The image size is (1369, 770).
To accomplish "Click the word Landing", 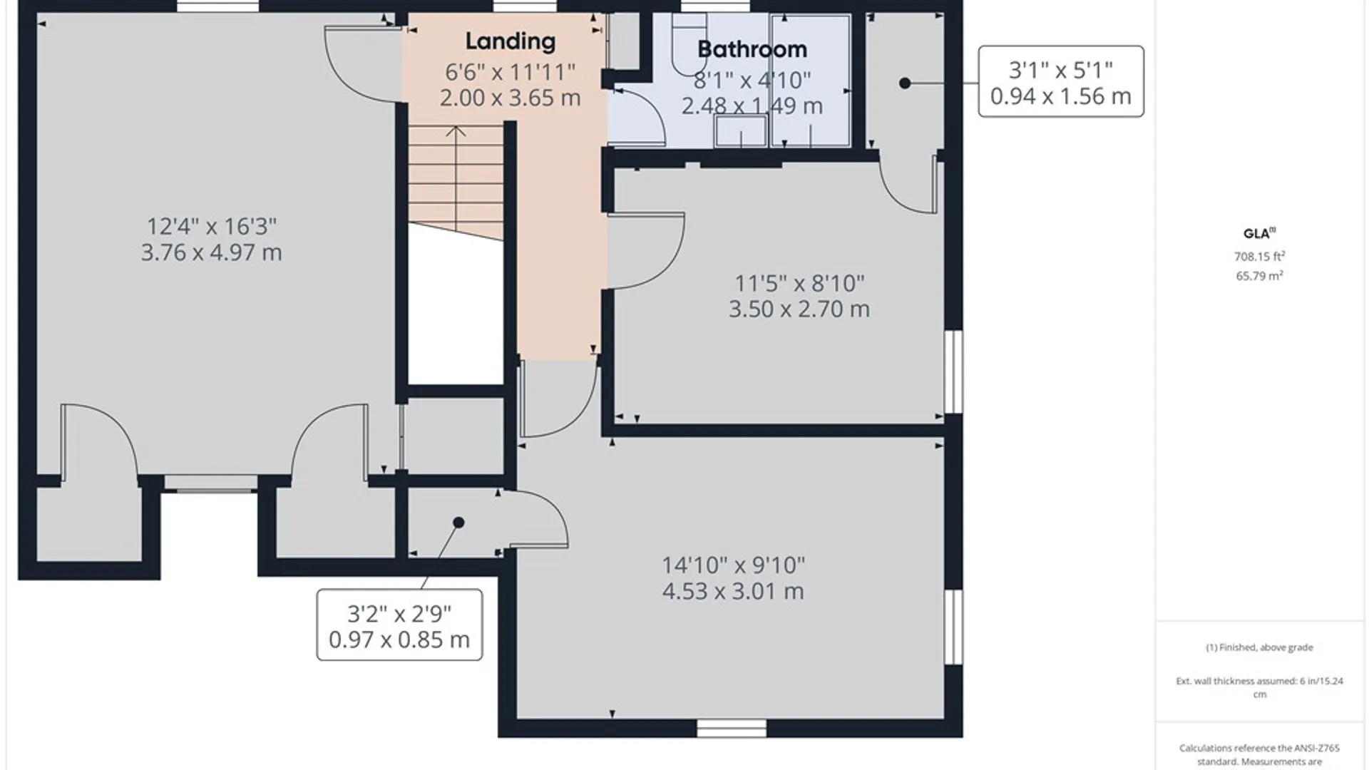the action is [x=510, y=42].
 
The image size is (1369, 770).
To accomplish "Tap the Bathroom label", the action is [x=752, y=49].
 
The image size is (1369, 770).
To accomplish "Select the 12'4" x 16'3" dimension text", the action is [x=212, y=226].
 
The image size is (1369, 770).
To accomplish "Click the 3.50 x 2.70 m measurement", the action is [x=799, y=309].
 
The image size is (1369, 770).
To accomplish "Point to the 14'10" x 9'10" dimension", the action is [x=734, y=565].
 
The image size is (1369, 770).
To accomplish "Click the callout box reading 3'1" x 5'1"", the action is [x=1061, y=81].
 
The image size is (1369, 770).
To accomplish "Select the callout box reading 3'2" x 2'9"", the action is [x=399, y=625].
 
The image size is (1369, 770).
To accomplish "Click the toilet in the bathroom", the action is [x=689, y=43].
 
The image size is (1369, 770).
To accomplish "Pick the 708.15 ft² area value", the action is [x=1259, y=256].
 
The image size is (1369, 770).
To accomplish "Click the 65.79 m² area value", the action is [x=1259, y=276].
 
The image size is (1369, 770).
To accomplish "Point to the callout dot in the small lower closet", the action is [x=458, y=523].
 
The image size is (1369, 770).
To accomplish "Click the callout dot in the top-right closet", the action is [x=905, y=83].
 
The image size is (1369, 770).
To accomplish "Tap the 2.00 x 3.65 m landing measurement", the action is [x=510, y=98].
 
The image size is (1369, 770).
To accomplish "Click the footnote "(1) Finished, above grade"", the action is [x=1259, y=647].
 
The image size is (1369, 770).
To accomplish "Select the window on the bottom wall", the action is [x=732, y=728].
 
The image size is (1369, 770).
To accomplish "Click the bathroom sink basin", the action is [x=742, y=130].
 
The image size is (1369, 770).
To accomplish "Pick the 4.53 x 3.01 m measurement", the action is [x=733, y=591].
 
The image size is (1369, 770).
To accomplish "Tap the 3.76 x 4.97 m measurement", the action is [x=211, y=252].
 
